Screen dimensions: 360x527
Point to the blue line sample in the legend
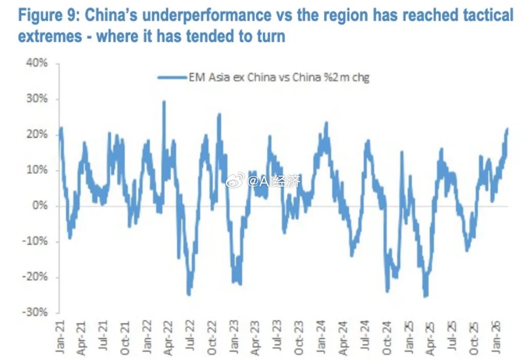(173, 78)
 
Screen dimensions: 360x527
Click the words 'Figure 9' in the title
(47, 16)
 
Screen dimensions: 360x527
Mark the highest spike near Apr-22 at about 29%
(164, 102)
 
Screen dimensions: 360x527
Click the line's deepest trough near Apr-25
(426, 296)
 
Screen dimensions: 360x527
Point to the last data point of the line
(507, 129)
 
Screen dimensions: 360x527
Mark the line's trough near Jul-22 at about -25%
(188, 295)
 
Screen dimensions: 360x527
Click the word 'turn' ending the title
(271, 36)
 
